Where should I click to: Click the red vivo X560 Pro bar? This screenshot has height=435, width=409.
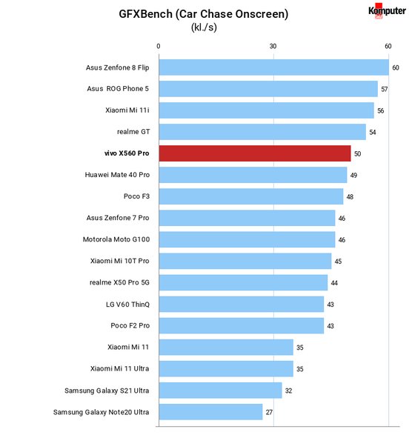pyautogui.click(x=255, y=153)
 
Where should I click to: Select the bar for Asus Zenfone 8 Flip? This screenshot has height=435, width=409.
pyautogui.click(x=274, y=67)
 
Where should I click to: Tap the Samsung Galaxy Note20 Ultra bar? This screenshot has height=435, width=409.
pyautogui.click(x=210, y=412)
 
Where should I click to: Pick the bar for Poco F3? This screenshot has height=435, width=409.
pyautogui.click(x=251, y=196)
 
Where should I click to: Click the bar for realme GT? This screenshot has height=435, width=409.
pyautogui.click(x=262, y=132)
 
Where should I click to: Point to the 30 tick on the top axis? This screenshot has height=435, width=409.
pyautogui.click(x=273, y=46)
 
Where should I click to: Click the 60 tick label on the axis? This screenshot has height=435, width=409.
pyautogui.click(x=388, y=46)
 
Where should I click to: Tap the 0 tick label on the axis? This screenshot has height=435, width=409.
pyautogui.click(x=159, y=46)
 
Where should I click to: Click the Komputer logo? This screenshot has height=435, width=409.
pyautogui.click(x=387, y=11)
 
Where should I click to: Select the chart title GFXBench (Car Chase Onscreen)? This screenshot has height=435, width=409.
pyautogui.click(x=204, y=14)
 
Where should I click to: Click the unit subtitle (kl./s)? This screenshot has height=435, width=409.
pyautogui.click(x=204, y=27)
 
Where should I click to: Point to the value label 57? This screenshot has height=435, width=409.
pyautogui.click(x=385, y=89)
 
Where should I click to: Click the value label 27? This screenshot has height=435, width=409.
pyautogui.click(x=269, y=412)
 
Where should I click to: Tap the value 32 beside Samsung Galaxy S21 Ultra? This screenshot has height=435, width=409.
pyautogui.click(x=289, y=391)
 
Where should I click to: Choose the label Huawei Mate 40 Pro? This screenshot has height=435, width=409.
pyautogui.click(x=117, y=175)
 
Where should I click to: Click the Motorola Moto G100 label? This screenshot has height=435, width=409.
pyautogui.click(x=116, y=239)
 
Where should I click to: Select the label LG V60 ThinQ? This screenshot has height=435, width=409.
pyautogui.click(x=127, y=305)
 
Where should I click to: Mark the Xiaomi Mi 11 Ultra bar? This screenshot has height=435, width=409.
pyautogui.click(x=226, y=369)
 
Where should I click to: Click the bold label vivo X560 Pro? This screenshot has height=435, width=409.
pyautogui.click(x=127, y=153)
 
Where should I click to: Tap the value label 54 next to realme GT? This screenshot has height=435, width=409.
pyautogui.click(x=373, y=133)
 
